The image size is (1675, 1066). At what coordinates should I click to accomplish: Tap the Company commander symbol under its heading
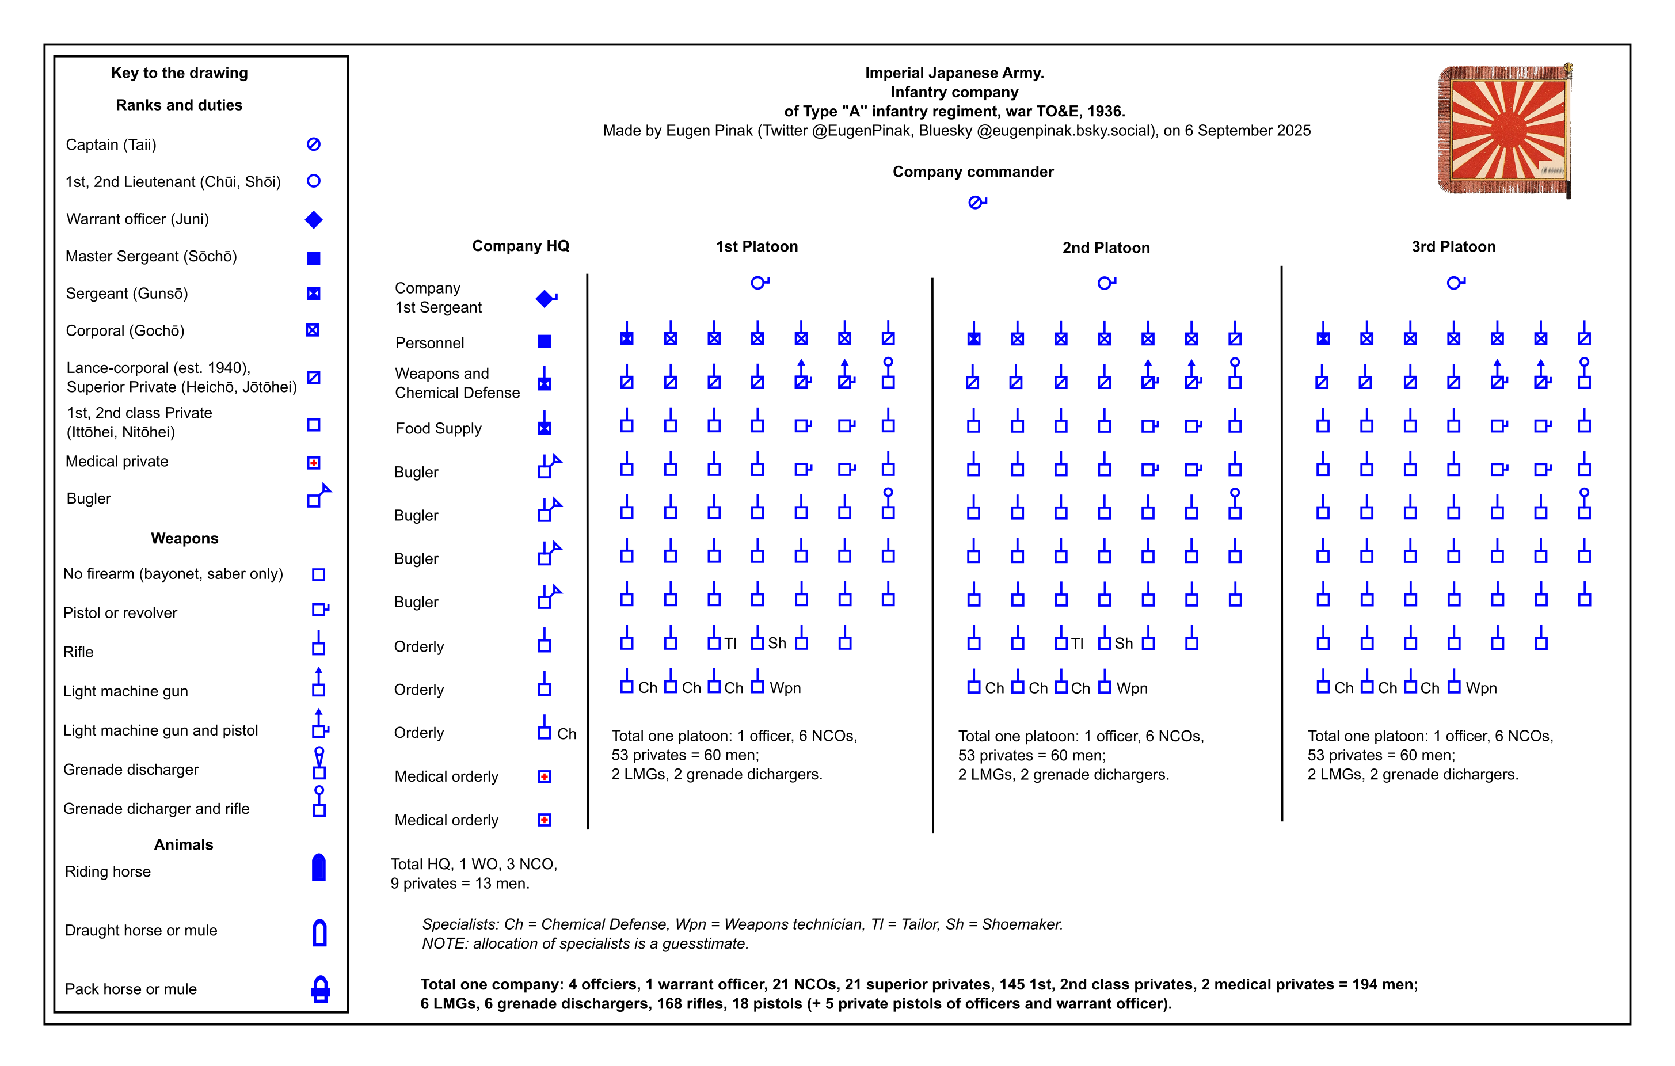click(977, 203)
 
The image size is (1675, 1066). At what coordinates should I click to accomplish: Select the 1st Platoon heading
click(757, 246)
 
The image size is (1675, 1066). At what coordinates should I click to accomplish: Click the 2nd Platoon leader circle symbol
click(1105, 283)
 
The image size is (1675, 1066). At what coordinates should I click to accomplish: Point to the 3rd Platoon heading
click(1453, 247)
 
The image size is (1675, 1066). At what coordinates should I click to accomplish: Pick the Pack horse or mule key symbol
click(320, 988)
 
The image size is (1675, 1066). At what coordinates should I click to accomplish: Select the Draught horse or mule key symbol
click(319, 932)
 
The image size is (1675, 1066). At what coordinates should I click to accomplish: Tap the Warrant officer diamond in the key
click(314, 220)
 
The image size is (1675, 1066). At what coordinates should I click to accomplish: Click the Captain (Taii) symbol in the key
click(314, 144)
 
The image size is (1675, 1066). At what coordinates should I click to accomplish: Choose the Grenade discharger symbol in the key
click(318, 763)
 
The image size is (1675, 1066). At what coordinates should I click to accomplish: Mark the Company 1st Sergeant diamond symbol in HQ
click(545, 298)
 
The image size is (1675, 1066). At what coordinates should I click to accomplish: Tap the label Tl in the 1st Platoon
click(730, 643)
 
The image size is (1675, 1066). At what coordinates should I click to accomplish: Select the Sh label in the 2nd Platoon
click(1124, 643)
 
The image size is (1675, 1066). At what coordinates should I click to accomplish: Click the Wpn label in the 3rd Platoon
click(1481, 688)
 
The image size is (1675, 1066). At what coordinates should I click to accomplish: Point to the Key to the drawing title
click(180, 73)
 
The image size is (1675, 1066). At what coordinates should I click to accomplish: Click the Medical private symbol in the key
click(314, 462)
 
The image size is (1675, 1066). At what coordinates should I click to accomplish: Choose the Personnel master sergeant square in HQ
click(545, 341)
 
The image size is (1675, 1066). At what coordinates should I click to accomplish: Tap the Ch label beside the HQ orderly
click(566, 734)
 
